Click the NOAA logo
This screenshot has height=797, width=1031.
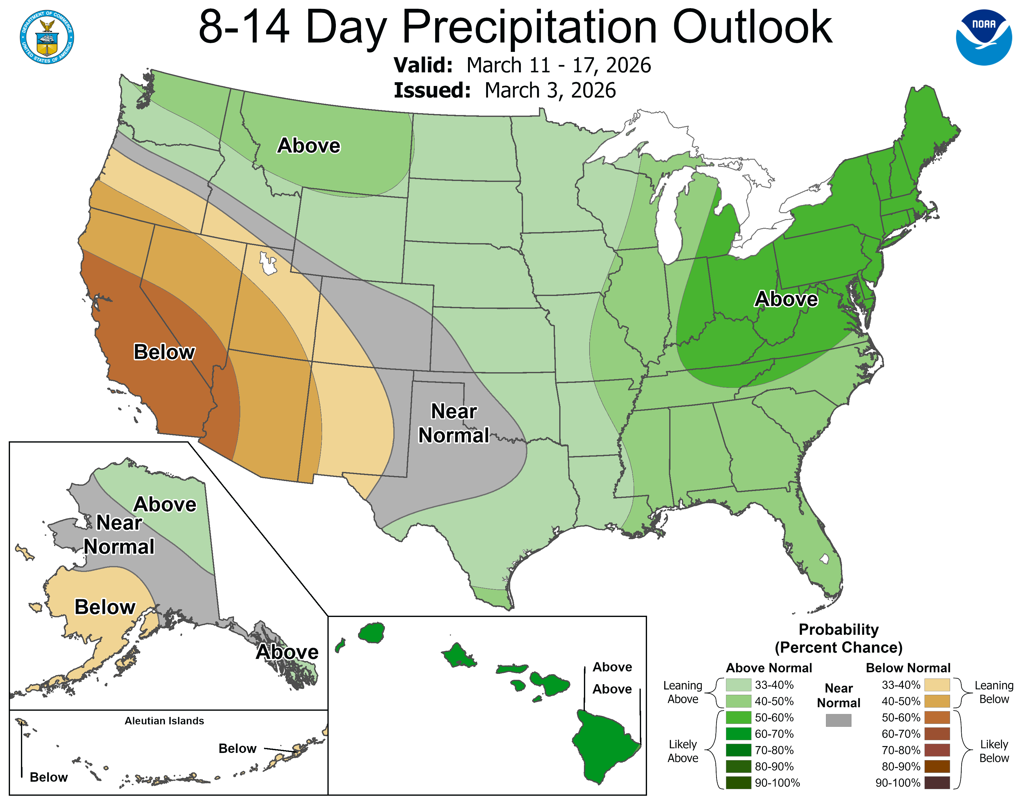click(x=984, y=37)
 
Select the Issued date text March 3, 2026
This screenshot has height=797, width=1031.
click(x=550, y=91)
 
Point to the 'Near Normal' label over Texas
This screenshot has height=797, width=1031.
click(x=454, y=424)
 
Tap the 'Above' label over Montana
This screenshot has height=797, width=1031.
click(x=309, y=145)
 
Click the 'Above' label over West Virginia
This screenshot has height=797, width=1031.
click(x=786, y=299)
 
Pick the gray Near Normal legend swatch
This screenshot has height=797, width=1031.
click(x=839, y=720)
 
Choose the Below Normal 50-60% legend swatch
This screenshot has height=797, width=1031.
click(x=937, y=718)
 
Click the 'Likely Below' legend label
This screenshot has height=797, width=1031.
click(x=994, y=751)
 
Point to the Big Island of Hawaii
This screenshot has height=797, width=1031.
click(x=604, y=746)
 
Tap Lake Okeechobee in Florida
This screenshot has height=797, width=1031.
click(x=824, y=559)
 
